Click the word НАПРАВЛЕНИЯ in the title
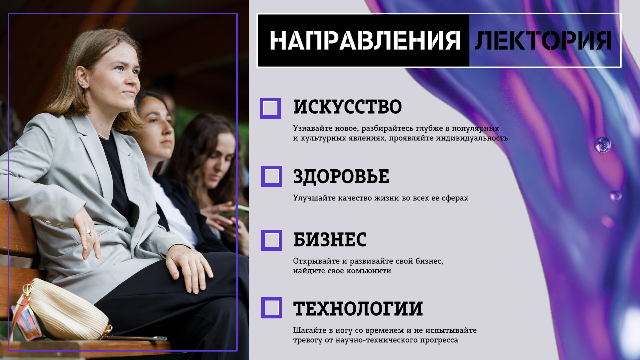[x=365, y=40]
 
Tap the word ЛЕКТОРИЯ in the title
[x=543, y=40]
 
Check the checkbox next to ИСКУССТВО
[x=270, y=108]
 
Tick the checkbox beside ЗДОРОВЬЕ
[x=271, y=176]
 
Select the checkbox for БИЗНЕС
[x=271, y=240]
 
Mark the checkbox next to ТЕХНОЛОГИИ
[x=271, y=308]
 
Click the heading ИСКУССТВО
[x=347, y=107]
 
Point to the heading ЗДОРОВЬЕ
[x=341, y=176]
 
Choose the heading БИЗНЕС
[x=330, y=239]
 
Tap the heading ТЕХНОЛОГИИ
[x=358, y=308]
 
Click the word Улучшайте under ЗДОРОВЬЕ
[x=315, y=198]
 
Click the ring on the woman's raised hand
[x=88, y=232]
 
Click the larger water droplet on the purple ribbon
[x=602, y=145]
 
